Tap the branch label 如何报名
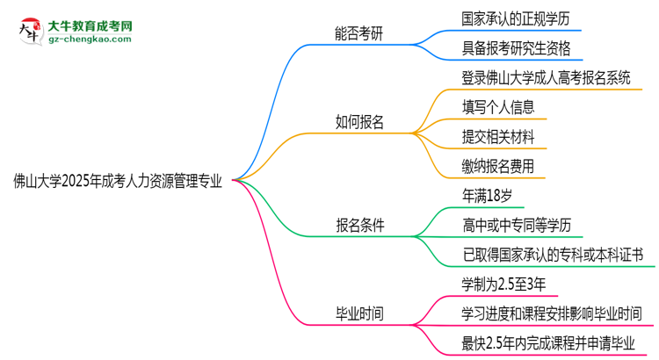(359, 122)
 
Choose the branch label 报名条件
(359, 225)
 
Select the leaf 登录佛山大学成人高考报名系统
(546, 77)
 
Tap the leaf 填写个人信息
(498, 107)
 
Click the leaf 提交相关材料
(498, 136)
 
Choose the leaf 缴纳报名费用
(498, 166)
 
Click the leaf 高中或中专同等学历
(518, 225)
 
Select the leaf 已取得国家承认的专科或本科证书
(553, 255)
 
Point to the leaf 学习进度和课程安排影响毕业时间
(551, 313)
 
